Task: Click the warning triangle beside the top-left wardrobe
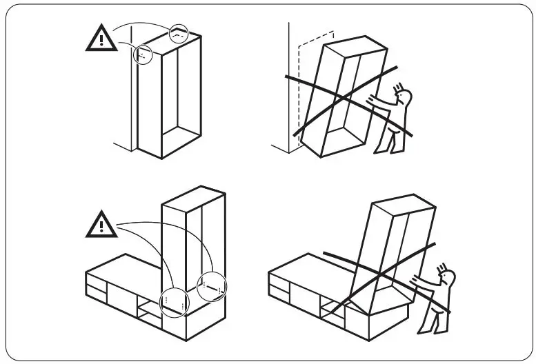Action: (101, 39)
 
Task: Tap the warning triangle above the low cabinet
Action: (101, 224)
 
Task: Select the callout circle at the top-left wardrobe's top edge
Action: (178, 32)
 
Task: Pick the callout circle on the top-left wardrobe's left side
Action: (144, 54)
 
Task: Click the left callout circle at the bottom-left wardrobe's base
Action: (172, 301)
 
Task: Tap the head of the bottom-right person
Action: (448, 279)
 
